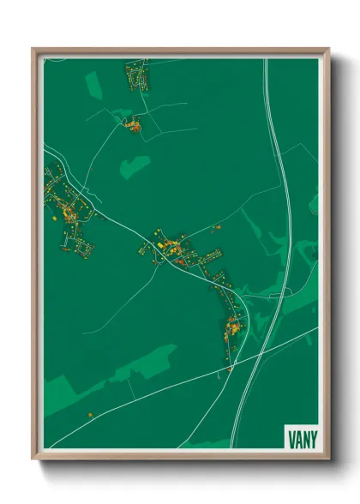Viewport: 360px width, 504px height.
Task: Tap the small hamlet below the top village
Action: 134,127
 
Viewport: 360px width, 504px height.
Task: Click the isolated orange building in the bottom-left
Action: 90,415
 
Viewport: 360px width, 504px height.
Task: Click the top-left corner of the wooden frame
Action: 34,50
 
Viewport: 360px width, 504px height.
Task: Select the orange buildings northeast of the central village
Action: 216,227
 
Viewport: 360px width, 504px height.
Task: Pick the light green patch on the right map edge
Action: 314,203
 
